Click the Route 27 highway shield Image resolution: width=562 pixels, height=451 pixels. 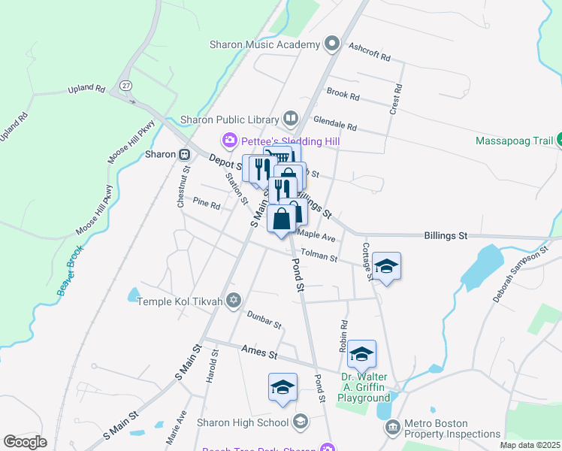point(125,86)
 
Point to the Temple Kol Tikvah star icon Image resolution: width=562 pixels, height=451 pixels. point(234,301)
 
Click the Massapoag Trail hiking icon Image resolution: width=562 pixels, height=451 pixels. point(560,141)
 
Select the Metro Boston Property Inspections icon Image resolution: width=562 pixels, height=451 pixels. point(392,427)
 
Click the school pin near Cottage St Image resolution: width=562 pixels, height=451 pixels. point(386,267)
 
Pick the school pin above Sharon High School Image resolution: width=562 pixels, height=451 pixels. point(282,387)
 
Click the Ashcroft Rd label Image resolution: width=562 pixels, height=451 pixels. point(370,52)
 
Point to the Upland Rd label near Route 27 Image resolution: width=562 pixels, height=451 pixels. point(86,89)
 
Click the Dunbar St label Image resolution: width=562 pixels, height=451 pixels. point(264,322)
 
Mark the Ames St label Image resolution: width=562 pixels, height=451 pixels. point(260,352)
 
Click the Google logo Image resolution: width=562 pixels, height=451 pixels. point(26,442)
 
